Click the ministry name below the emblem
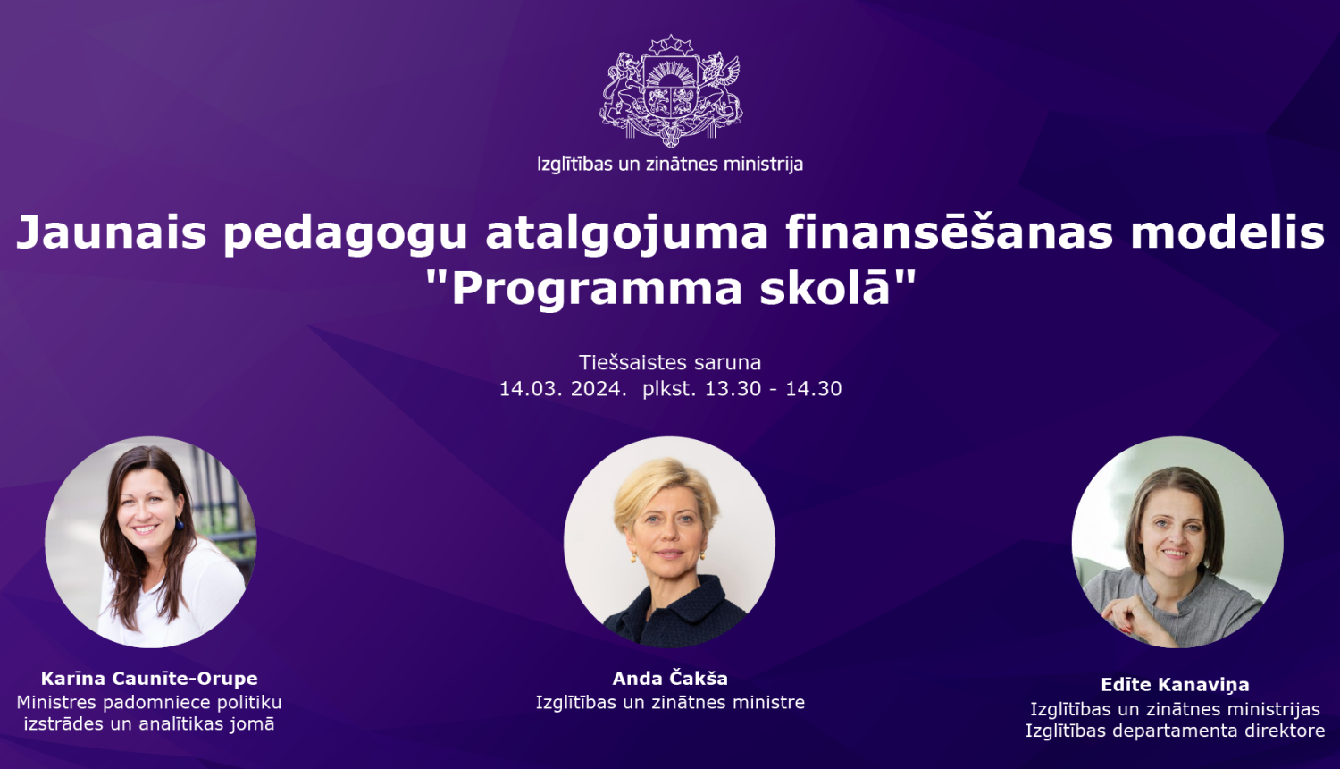670,165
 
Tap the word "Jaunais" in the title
112,232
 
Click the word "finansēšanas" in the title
950,232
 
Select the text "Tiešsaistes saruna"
670,363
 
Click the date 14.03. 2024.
563,389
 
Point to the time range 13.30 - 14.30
773,389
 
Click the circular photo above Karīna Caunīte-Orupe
151,542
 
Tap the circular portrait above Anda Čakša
669,542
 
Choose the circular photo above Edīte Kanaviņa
1177,542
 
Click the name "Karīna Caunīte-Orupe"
149,679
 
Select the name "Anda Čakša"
670,679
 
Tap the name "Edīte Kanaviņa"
1175,685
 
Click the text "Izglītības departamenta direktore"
1175,731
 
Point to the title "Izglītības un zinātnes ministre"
670,703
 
